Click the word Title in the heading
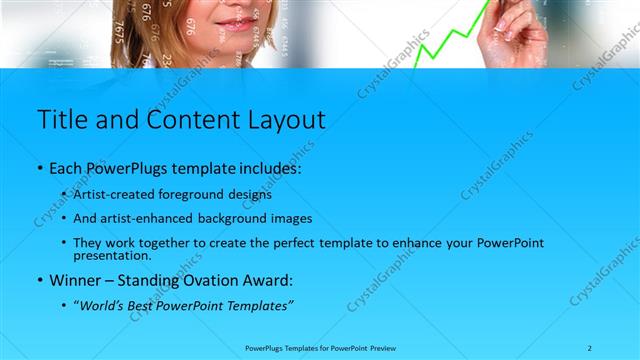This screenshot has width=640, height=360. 62,119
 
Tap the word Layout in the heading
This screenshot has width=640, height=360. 280,119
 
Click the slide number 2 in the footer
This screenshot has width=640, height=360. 590,347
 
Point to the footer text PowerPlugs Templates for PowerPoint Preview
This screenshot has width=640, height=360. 319,347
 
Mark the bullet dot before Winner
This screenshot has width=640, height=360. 40,281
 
